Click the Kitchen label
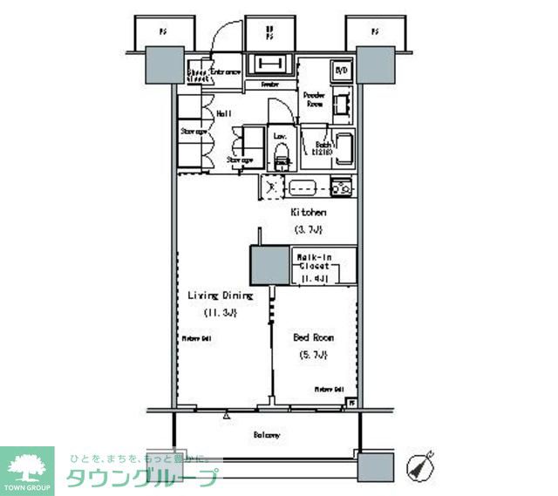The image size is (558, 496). pos(308,213)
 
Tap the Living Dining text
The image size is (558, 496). pos(220,296)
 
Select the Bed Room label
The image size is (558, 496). pos(314,336)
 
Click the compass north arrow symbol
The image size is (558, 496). pos(420,465)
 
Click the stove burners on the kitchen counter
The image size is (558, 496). pos(340,186)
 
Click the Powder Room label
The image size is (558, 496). pos(314,99)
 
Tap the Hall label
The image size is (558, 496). pos(222,113)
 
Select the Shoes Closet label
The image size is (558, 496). pos(198,73)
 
